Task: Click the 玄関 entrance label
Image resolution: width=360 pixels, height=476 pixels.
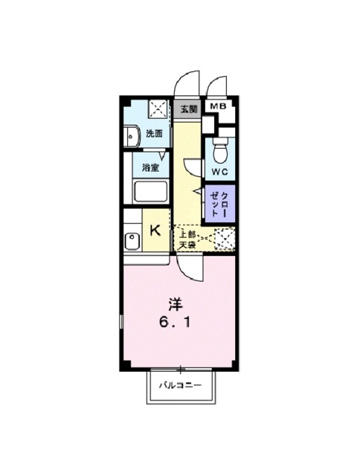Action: pos(189,109)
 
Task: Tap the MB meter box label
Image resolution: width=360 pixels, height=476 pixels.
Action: pos(219,106)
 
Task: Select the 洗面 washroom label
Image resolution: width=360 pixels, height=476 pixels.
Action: pos(154,133)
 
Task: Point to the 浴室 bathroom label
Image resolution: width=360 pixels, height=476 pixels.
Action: pos(151,167)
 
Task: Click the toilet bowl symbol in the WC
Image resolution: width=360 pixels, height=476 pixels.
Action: pos(219,151)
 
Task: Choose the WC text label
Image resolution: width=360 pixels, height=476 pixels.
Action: pos(219,172)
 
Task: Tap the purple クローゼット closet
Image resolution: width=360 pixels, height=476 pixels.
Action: pos(219,204)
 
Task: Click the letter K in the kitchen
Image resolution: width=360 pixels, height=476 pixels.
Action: pos(155,231)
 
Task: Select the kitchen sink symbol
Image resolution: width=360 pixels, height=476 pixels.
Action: pos(132,241)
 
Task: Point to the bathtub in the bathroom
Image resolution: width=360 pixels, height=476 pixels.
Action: pos(151,191)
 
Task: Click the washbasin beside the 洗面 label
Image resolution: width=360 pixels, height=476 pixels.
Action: pos(132,136)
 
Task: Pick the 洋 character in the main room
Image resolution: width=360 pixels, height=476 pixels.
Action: pos(176,304)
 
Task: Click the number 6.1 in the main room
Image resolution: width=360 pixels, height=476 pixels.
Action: pos(176,322)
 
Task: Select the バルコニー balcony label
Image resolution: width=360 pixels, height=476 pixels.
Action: pos(180,385)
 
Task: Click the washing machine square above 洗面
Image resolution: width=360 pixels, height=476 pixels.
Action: pos(158,109)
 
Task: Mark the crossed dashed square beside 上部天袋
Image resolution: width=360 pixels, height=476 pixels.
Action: pos(225,239)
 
